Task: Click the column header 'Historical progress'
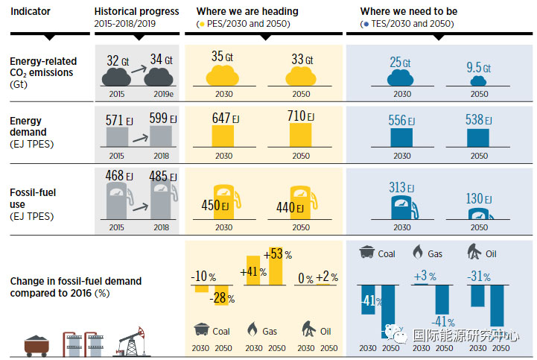(x=137, y=12)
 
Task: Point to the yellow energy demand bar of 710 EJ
(x=300, y=135)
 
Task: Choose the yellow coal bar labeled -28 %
(x=222, y=295)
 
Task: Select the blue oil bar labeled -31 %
(x=477, y=295)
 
